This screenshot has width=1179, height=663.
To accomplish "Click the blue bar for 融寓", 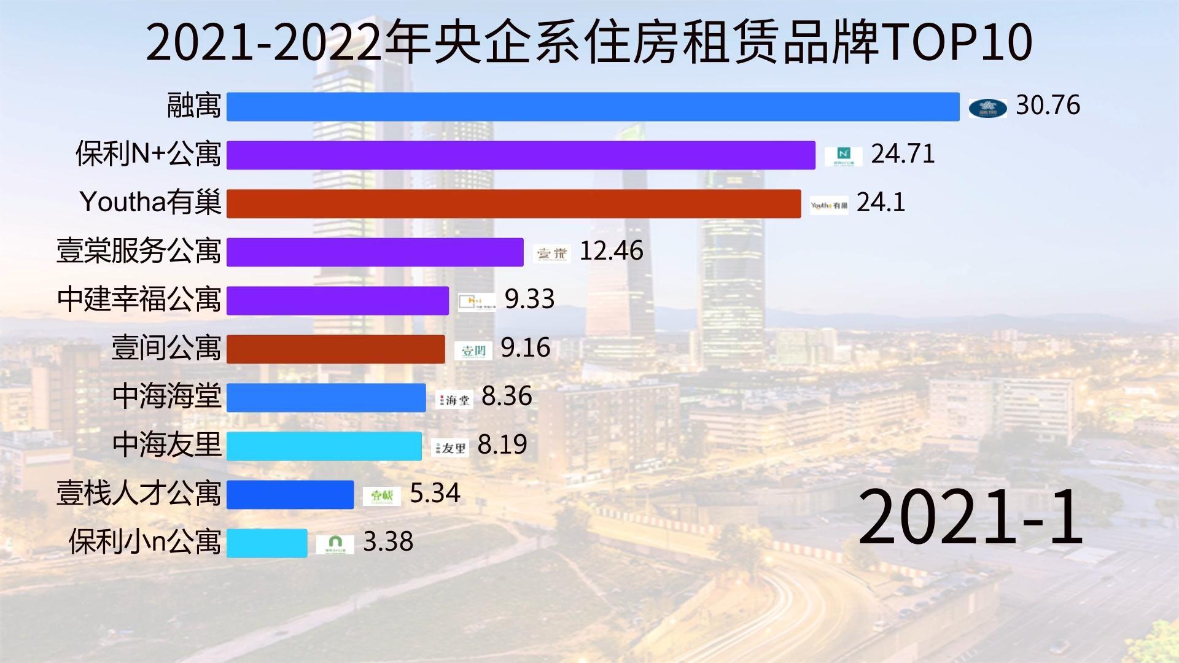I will pyautogui.click(x=593, y=107).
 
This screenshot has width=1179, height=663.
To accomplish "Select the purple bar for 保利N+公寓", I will pyautogui.click(x=521, y=155).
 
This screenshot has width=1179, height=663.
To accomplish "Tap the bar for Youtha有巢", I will pyautogui.click(x=513, y=203).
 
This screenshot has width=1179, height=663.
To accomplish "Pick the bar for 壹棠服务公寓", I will pyautogui.click(x=375, y=252).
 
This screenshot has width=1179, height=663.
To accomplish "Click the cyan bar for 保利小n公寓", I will pyautogui.click(x=267, y=543).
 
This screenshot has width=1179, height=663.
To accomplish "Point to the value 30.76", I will pyautogui.click(x=1048, y=106).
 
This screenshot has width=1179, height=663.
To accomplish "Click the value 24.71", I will pyautogui.click(x=903, y=154).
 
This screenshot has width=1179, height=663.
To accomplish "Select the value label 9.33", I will pyautogui.click(x=529, y=300).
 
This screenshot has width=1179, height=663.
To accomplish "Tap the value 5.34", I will pyautogui.click(x=435, y=494).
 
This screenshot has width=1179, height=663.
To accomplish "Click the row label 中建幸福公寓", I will pyautogui.click(x=139, y=300).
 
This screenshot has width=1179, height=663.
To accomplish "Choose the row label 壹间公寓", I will pyautogui.click(x=166, y=348).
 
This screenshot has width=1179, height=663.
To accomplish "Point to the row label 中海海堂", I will pyautogui.click(x=166, y=397).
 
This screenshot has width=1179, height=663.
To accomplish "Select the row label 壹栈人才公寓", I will pyautogui.click(x=139, y=494).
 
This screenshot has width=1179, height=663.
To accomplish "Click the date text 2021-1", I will pyautogui.click(x=970, y=517).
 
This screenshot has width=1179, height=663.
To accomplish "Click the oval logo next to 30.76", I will pyautogui.click(x=987, y=108).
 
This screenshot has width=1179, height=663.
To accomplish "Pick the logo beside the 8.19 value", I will pyautogui.click(x=450, y=448).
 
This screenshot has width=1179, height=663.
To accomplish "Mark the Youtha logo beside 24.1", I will pyautogui.click(x=828, y=206).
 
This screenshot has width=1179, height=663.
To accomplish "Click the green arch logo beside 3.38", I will pyautogui.click(x=335, y=544).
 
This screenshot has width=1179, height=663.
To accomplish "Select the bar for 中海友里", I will pyautogui.click(x=324, y=446).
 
